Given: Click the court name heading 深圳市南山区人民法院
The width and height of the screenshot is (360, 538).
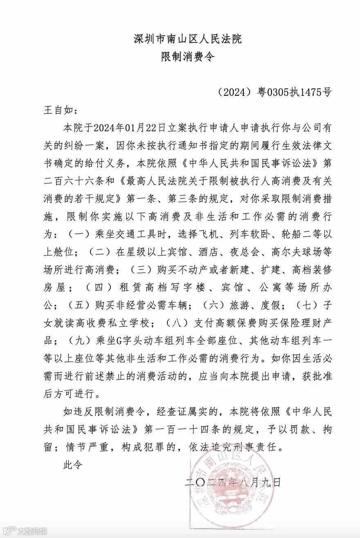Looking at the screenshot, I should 188,39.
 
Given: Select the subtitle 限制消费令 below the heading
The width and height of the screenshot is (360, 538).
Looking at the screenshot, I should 188,57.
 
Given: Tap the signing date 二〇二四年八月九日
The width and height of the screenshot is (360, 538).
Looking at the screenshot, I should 232,483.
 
